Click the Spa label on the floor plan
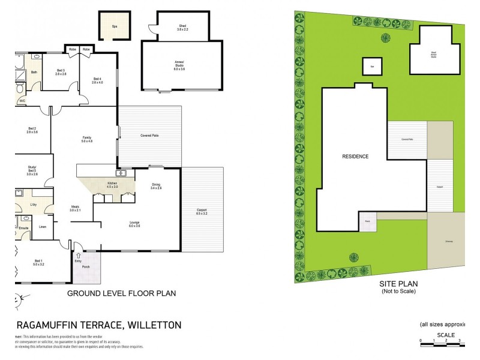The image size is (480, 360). [x=113, y=26]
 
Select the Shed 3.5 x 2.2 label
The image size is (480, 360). [x=182, y=28]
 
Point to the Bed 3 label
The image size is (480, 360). [x=61, y=73]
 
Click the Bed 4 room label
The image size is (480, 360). [x=97, y=80]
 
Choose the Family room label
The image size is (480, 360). [x=86, y=139]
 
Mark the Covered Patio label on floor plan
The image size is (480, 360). [x=150, y=136]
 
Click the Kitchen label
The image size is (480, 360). [x=112, y=185]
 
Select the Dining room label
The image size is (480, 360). [x=156, y=186]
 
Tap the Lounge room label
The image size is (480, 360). [x=134, y=224]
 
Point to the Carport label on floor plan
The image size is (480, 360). [x=202, y=211]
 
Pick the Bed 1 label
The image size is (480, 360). [x=39, y=262]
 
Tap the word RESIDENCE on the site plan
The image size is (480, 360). [x=355, y=157]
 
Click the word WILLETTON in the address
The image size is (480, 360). [x=153, y=325]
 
